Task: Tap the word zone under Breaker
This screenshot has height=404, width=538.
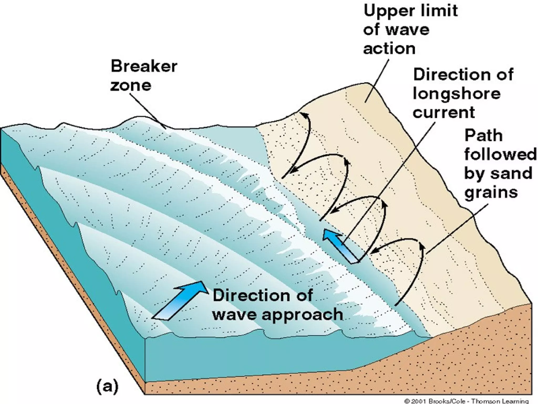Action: coord(131,85)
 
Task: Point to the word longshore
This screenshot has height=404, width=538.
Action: coord(457,94)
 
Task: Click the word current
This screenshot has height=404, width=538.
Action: coord(444,113)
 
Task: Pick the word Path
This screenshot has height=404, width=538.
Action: coord(484,136)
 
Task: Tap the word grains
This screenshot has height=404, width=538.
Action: coord(491,193)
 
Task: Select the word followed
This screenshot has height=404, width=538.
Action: coord(500,154)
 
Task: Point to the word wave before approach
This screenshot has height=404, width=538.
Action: coord(235,314)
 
